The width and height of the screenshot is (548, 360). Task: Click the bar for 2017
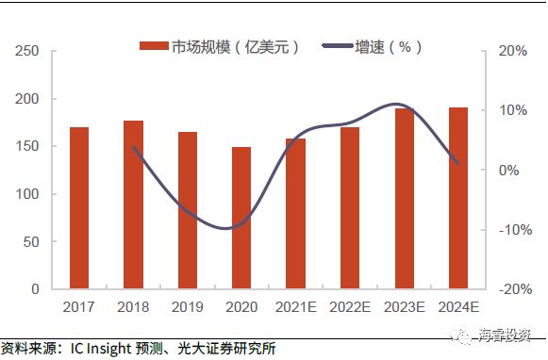point(79,208)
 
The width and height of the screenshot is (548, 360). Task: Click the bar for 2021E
point(296,214)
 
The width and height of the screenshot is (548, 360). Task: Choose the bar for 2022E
point(350,208)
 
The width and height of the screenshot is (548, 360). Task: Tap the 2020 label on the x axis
point(241,306)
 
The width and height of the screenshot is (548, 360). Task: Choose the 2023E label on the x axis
point(404,306)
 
